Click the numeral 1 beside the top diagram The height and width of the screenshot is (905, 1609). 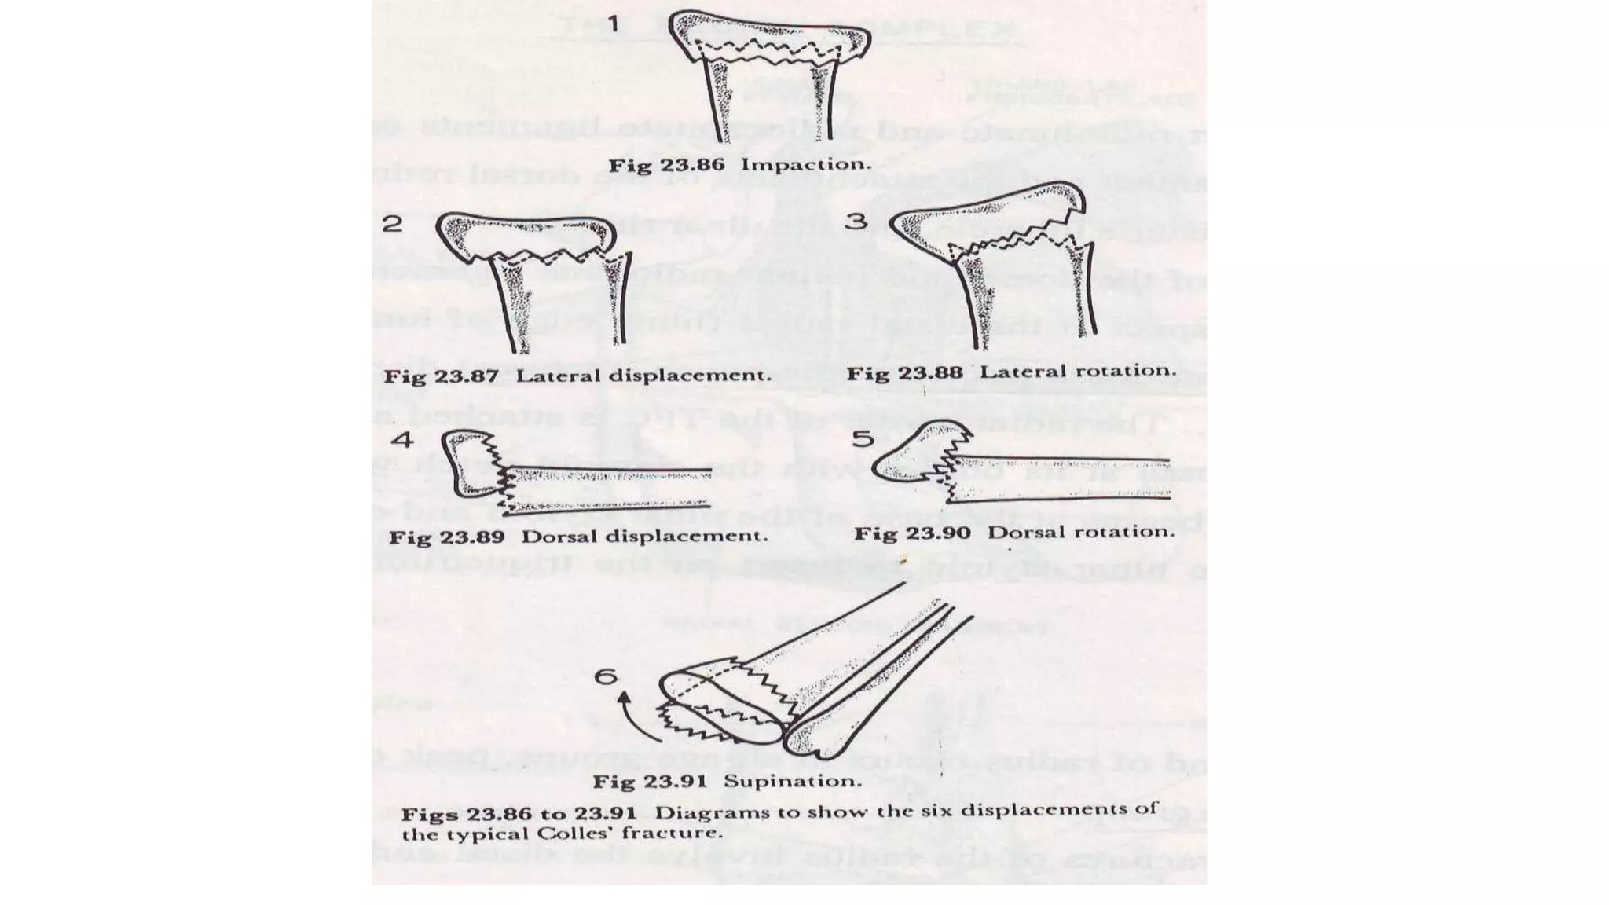click(613, 24)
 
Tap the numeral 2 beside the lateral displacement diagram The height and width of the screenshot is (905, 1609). click(392, 224)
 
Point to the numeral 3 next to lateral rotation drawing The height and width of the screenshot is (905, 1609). click(856, 221)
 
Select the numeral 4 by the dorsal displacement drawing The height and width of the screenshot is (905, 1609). click(401, 439)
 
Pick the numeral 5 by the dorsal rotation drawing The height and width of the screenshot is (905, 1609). click(863, 438)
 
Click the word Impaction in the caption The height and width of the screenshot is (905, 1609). click(805, 165)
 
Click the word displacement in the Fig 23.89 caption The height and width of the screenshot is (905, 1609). click(685, 537)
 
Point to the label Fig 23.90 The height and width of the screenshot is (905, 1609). click(912, 533)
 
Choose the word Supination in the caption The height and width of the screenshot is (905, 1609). click(791, 782)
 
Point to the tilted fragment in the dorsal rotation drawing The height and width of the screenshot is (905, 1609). click(915, 457)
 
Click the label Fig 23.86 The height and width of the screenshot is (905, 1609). click(666, 166)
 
